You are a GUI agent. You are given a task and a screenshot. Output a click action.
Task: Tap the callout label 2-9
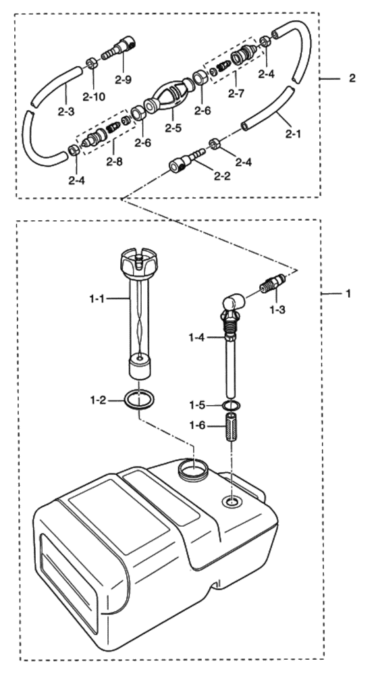click(x=124, y=80)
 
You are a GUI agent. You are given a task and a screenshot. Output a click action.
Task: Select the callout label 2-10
click(x=94, y=97)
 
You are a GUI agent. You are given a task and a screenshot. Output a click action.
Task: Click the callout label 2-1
click(x=294, y=134)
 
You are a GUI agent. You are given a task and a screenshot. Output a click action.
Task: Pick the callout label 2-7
click(x=236, y=93)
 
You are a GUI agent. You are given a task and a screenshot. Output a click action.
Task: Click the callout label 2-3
click(x=65, y=111)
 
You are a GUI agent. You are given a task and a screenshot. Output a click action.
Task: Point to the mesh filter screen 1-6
click(x=232, y=427)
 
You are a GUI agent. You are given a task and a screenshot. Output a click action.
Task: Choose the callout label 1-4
click(x=197, y=338)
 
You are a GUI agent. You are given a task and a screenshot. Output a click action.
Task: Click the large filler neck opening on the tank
click(x=193, y=470)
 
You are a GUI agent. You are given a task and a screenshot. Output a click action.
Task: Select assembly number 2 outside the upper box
click(x=352, y=78)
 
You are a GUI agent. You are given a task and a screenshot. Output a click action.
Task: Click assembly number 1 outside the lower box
click(x=348, y=293)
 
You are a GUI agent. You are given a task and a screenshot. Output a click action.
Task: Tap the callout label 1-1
click(x=98, y=298)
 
